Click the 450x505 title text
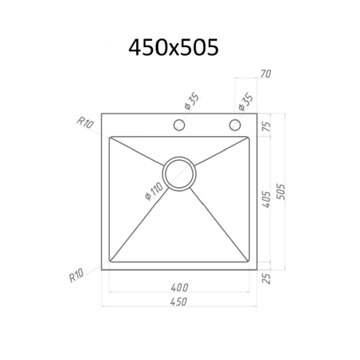point(174,47)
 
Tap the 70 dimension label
point(266,74)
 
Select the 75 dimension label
point(266,126)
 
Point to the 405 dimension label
point(266,199)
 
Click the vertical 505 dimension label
point(281,191)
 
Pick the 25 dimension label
point(266,278)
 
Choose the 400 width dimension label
point(179,287)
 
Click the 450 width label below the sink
point(178,302)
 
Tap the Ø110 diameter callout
point(154,191)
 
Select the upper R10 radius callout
point(85,122)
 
